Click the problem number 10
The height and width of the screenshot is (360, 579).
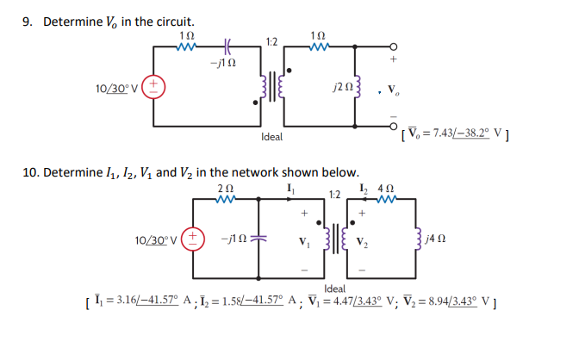pos(28,172)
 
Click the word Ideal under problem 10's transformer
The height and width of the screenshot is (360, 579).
pos(335,288)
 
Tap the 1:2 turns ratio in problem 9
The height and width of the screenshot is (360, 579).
pos(271,40)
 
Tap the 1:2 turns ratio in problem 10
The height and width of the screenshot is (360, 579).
pos(337,195)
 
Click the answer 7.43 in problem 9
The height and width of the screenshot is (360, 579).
pos(446,131)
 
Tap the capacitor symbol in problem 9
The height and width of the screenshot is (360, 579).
pos(227,45)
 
